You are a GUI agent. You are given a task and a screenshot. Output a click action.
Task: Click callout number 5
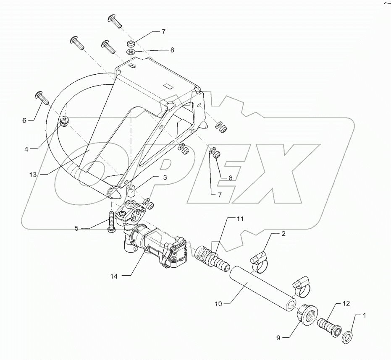coord(76,228)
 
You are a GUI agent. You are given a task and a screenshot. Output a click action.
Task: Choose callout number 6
coord(24,120)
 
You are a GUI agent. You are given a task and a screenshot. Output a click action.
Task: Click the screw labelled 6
coord(42,97)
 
